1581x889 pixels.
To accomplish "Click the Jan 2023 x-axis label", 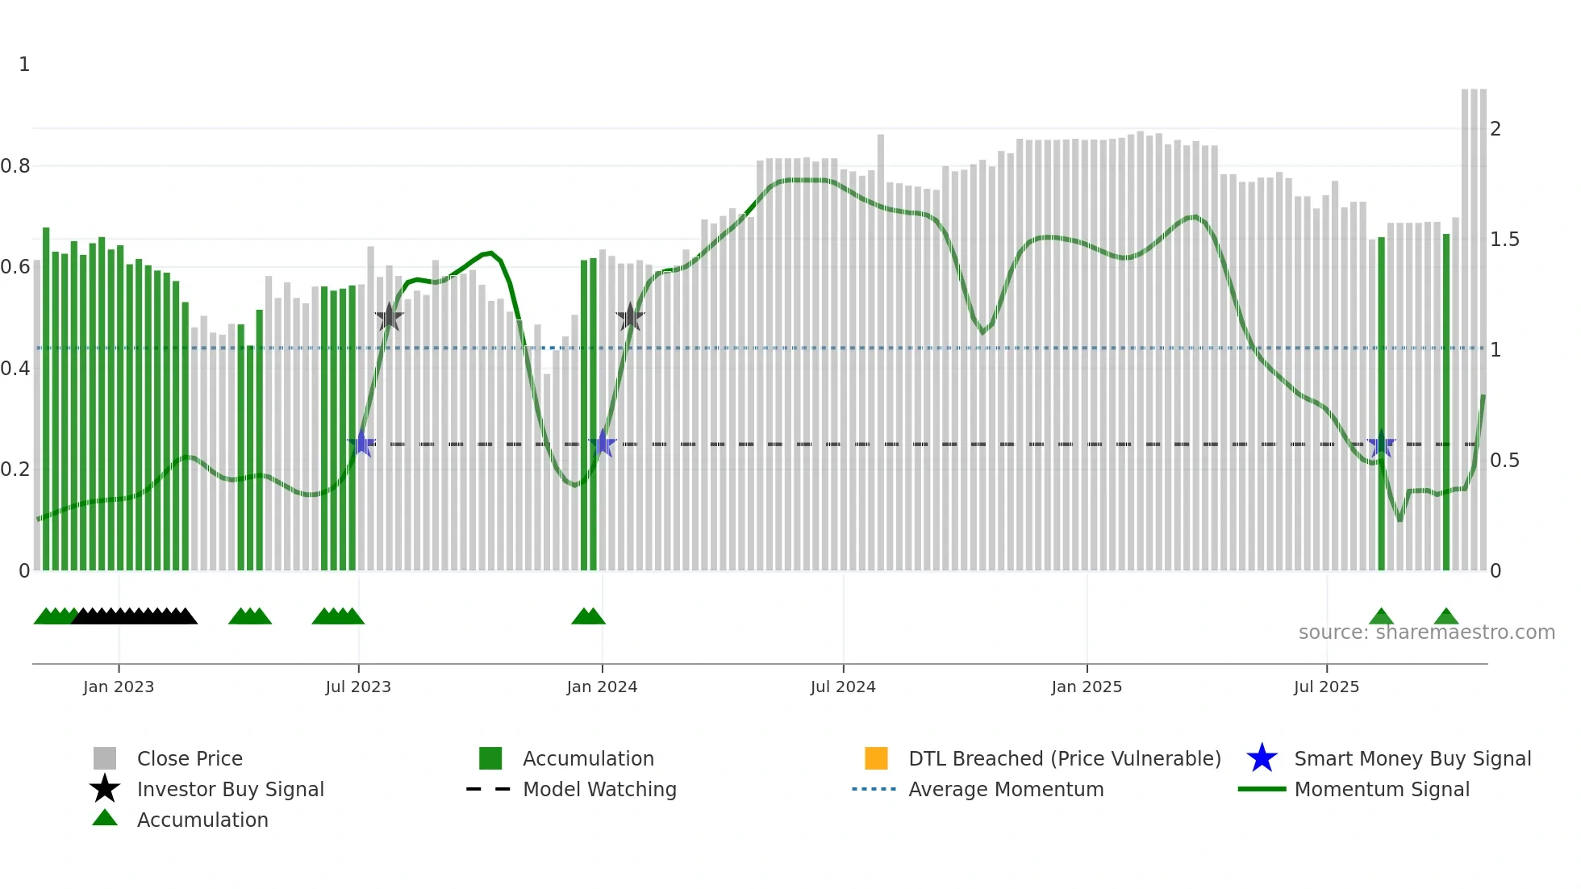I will (118, 687).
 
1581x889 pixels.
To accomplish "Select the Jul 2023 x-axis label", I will (358, 687).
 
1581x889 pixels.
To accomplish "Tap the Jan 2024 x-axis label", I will (602, 687).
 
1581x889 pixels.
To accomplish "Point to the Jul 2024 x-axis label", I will (843, 687).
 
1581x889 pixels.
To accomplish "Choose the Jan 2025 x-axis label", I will (1087, 687).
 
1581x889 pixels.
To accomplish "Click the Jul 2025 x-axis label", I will (1326, 687).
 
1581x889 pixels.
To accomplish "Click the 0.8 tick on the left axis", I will (15, 166).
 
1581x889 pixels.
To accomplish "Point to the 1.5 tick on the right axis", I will (1504, 240).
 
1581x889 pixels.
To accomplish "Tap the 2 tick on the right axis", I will (1495, 129).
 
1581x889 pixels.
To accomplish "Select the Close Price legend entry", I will (190, 758).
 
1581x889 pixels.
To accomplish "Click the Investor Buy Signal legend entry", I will (230, 789).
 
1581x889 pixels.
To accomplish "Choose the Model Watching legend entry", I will (599, 789).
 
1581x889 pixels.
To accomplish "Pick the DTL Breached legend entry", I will (1064, 758).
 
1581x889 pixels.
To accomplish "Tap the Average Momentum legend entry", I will (1006, 789).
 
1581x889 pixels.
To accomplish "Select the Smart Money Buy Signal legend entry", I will (1412, 758).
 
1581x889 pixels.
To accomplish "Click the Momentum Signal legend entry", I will (1382, 789).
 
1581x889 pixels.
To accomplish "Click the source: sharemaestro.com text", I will (1426, 632).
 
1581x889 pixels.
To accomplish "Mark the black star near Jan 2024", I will (630, 317).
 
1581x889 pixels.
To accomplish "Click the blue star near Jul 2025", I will (1382, 444).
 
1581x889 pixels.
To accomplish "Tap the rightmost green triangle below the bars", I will (1446, 617).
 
